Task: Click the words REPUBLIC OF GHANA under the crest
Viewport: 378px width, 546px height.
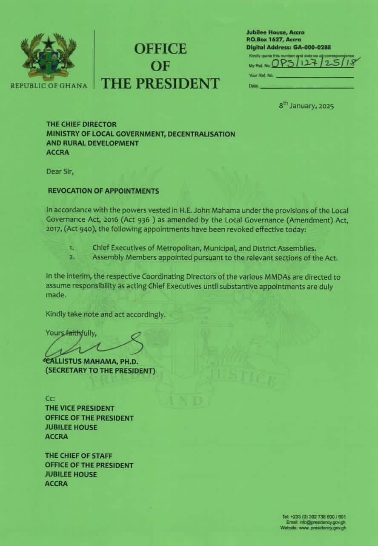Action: pyautogui.click(x=49, y=85)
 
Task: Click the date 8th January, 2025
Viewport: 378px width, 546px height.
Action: pyautogui.click(x=306, y=105)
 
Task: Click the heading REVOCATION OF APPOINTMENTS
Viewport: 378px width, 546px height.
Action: pyautogui.click(x=103, y=191)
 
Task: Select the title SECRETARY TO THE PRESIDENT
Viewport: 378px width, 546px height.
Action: pyautogui.click(x=100, y=371)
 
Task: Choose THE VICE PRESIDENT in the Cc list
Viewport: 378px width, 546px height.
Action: pyautogui.click(x=80, y=408)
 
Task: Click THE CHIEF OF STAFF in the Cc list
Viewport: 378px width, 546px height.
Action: pyautogui.click(x=79, y=456)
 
